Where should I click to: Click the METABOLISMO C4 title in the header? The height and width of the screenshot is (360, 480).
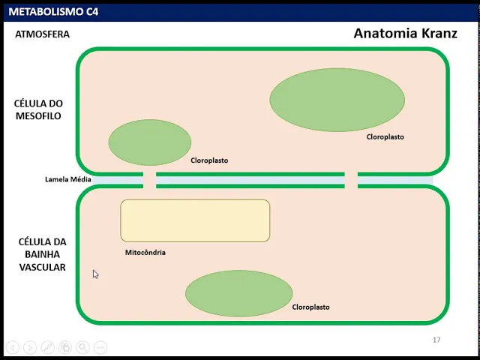tap(52, 11)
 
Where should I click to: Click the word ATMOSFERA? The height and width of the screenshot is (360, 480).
tap(42, 34)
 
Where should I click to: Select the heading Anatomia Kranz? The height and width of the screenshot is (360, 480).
tap(405, 34)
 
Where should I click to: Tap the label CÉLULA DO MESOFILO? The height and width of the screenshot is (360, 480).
tap(37, 109)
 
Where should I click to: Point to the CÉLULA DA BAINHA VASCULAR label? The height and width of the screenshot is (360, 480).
tap(42, 254)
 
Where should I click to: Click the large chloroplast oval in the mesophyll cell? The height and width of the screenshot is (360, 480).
tap(337, 99)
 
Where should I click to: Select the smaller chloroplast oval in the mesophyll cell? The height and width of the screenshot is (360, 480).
tap(150, 142)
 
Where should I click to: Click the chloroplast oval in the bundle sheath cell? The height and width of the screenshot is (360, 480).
tap(238, 293)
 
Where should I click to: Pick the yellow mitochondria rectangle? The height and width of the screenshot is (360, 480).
tap(195, 220)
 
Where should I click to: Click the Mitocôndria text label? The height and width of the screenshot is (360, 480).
tap(145, 253)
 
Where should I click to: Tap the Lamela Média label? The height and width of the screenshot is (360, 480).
tap(68, 179)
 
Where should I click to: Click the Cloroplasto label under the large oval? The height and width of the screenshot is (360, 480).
tap(385, 137)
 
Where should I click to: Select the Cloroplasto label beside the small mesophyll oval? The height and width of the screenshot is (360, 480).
tap(209, 160)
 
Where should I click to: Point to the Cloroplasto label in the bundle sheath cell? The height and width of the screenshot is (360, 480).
tap(310, 307)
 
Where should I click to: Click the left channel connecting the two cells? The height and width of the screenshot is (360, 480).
tap(149, 180)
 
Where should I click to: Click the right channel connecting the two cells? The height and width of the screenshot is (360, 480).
tap(350, 180)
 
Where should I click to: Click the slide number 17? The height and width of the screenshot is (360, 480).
tap(436, 340)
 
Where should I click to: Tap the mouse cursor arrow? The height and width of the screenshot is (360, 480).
tap(95, 274)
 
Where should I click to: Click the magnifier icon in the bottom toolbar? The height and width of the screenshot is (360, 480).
tap(82, 347)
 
